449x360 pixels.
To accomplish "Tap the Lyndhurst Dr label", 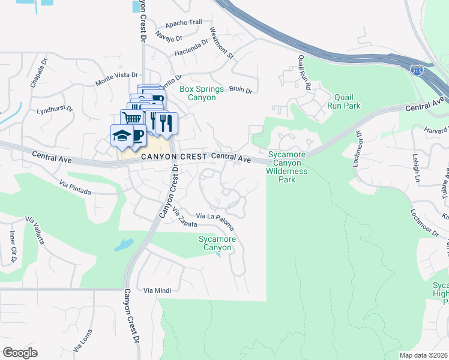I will pyautogui.click(x=55, y=110).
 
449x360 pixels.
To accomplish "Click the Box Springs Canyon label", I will pyautogui.click(x=201, y=93).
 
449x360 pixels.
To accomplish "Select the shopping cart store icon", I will pyautogui.click(x=133, y=118).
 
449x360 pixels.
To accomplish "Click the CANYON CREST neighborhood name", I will pyautogui.click(x=175, y=156).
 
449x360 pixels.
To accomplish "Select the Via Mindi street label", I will pyautogui.click(x=157, y=290).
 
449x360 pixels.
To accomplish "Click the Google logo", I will pyautogui.click(x=20, y=353).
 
